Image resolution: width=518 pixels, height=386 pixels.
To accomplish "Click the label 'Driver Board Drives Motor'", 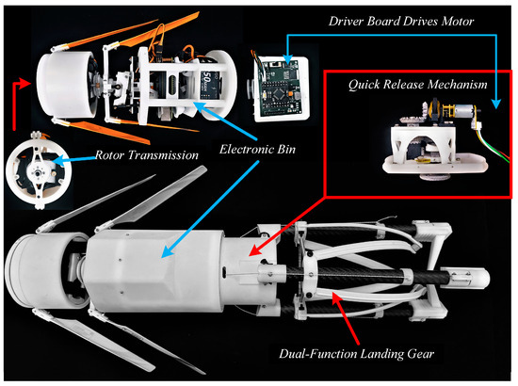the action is [x=401, y=21].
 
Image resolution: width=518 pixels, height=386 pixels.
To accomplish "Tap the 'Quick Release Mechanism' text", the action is [x=417, y=84].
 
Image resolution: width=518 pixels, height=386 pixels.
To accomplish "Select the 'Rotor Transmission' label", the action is [x=147, y=154].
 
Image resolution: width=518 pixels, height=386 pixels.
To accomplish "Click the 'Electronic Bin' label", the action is [x=257, y=149].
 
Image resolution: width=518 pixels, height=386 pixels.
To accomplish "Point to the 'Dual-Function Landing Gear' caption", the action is [x=356, y=354].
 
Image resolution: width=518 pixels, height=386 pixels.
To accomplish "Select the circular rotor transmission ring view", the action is [x=39, y=171].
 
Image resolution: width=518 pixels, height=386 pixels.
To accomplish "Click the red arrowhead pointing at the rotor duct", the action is [x=25, y=83].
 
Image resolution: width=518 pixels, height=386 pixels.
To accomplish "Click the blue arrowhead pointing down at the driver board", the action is [x=288, y=59].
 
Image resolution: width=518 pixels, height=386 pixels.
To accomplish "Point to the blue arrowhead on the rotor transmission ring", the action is [x=57, y=161].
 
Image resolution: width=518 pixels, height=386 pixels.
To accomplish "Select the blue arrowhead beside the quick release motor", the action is [x=495, y=103].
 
